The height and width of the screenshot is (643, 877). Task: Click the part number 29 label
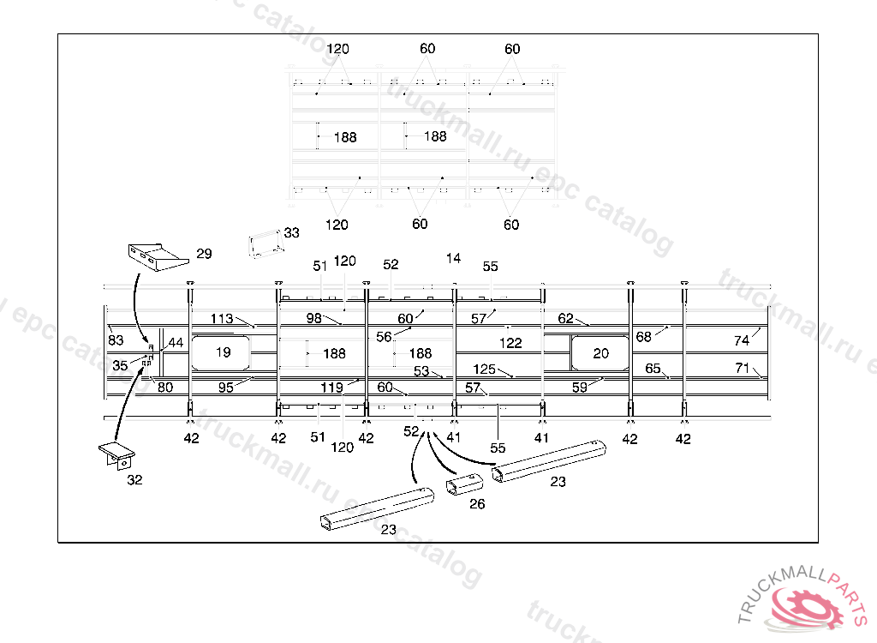tap(204, 254)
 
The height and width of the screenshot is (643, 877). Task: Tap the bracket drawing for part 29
tap(156, 256)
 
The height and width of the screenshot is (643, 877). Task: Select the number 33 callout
tap(292, 233)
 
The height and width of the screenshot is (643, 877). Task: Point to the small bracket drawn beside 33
tap(265, 243)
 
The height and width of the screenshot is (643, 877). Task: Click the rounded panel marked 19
tap(222, 352)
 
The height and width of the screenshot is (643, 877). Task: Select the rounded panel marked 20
tap(600, 352)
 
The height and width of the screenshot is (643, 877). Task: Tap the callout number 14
tap(453, 258)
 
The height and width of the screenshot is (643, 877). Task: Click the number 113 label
tap(222, 319)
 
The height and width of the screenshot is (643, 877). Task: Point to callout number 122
tap(511, 342)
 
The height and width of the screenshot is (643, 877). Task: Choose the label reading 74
tap(742, 340)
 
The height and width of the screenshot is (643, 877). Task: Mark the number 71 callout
tap(742, 368)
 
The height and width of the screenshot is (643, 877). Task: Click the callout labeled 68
tap(643, 337)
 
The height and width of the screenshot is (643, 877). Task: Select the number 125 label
tap(485, 369)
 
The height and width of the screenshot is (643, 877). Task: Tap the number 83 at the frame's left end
tap(116, 340)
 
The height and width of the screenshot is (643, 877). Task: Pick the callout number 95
tap(226, 388)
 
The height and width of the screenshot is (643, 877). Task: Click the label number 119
tap(332, 388)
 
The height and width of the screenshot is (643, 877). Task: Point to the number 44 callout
tap(176, 343)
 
